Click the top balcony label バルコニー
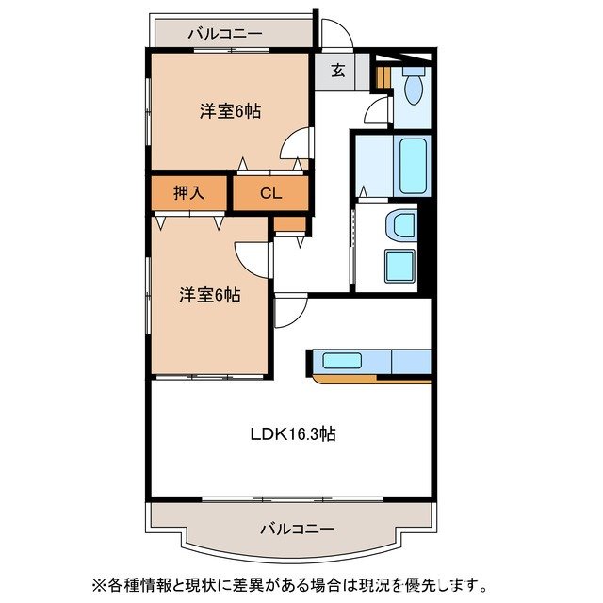click(224, 34)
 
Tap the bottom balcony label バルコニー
click(297, 529)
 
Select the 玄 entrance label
click(337, 69)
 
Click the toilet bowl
click(413, 90)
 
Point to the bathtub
click(413, 165)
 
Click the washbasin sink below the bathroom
click(401, 227)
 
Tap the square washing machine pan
click(400, 269)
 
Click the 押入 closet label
click(188, 194)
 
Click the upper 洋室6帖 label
click(230, 110)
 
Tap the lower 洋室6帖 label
click(210, 295)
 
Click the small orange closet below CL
click(290, 224)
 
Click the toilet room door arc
click(376, 112)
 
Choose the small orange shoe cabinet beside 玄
click(383, 74)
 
